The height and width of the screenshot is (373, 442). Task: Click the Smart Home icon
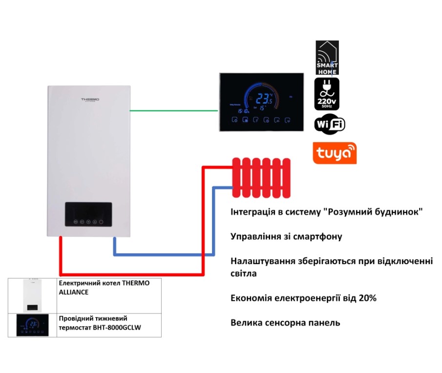[327, 58]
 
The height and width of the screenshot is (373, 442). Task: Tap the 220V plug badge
[327, 94]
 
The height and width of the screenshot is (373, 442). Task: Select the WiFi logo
[330, 124]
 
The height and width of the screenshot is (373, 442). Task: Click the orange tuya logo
[335, 153]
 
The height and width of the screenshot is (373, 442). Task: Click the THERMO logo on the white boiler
[90, 100]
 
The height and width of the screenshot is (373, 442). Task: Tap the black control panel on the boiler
[88, 214]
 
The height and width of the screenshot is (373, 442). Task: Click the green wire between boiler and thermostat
[173, 110]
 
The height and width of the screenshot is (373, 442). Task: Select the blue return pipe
[161, 254]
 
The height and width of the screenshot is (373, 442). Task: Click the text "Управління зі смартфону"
[286, 237]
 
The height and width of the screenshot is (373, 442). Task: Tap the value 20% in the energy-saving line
[367, 298]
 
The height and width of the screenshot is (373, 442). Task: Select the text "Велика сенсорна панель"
[285, 323]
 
